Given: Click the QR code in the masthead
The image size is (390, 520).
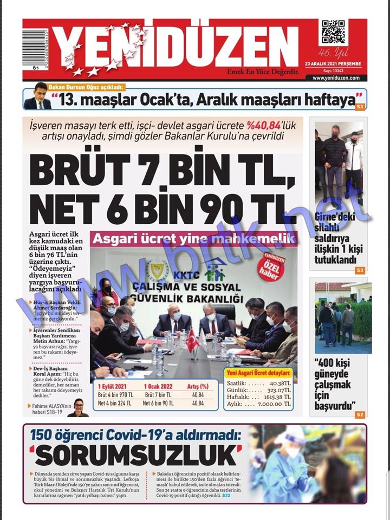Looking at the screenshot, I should coord(333,32).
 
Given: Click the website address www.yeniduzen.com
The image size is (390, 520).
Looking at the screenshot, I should coord(336,77).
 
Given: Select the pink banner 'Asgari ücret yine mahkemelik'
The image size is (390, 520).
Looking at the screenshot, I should coord(194,238).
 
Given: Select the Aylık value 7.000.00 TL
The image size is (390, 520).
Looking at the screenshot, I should coord(273,404).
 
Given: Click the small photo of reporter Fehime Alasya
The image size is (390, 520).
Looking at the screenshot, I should coord(77,407).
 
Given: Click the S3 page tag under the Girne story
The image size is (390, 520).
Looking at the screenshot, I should coord(360,270).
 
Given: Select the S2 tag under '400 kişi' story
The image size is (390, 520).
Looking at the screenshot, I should coord(360,414).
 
